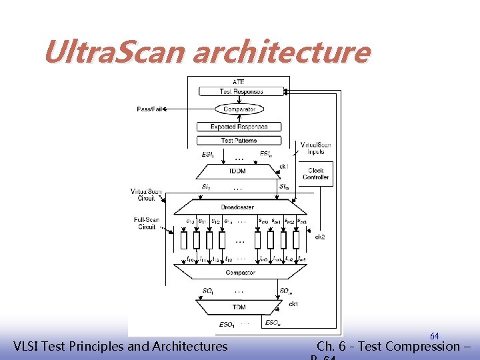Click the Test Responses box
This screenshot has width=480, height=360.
click(239, 91)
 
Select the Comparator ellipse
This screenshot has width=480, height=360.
click(239, 109)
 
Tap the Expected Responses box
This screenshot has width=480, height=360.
click(239, 127)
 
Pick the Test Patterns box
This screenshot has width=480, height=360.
click(239, 141)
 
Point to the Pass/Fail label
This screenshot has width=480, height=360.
click(149, 109)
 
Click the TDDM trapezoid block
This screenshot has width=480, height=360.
click(237, 171)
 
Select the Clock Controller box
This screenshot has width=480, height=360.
click(316, 173)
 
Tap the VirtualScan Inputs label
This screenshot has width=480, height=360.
click(316, 148)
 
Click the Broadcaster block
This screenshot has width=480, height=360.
click(238, 207)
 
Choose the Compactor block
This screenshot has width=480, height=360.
click(240, 273)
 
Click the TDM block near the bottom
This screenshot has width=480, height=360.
click(239, 307)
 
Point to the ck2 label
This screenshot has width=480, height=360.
click(320, 236)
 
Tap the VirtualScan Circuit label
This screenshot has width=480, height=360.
click(146, 195)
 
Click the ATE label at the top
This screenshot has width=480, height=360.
click(239, 81)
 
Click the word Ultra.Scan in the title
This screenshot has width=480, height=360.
click(114, 52)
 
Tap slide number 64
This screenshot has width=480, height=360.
click(434, 336)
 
